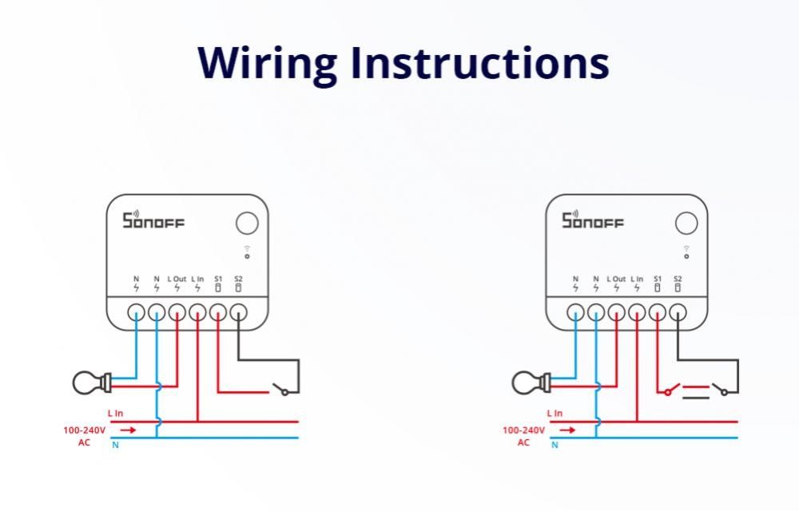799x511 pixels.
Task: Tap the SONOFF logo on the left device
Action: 153,220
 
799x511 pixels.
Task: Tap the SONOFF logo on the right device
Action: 592,220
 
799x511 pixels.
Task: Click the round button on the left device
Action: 247,224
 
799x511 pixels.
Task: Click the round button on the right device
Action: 686,224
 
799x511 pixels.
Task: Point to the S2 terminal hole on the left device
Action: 238,312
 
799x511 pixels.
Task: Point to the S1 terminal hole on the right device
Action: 657,312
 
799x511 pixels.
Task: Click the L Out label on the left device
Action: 177,279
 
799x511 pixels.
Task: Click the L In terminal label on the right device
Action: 637,279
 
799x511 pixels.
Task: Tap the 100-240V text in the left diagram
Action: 82,430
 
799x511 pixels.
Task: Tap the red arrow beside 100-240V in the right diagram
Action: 567,430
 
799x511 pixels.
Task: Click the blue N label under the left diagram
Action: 115,445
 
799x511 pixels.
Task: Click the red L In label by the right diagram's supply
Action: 555,414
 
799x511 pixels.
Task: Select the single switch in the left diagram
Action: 280,390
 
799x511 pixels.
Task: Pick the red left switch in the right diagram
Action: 670,390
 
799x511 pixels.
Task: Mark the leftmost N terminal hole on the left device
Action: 136,312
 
